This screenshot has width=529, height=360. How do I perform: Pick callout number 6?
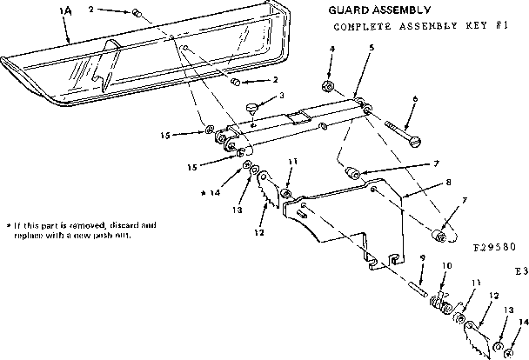(415, 99)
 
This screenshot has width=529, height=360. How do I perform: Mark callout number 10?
(448, 265)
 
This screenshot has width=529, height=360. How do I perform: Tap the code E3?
(520, 271)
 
